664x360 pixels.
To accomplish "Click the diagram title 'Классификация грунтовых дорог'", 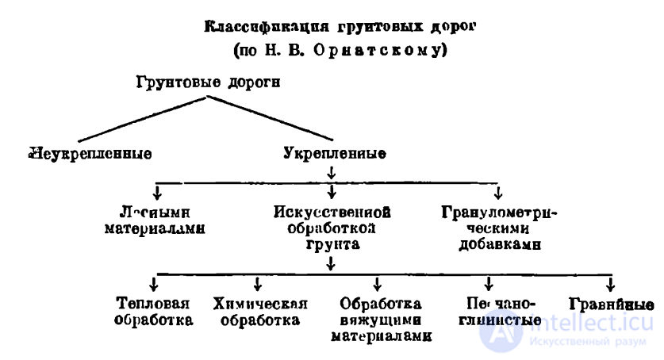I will (x=332, y=27).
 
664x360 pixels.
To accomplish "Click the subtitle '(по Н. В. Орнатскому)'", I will (x=332, y=49).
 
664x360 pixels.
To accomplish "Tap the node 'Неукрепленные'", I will (x=89, y=151).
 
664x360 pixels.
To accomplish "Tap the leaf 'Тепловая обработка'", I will (x=154, y=312).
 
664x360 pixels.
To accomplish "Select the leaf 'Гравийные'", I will (x=611, y=304).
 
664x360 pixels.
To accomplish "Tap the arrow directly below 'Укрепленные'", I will (x=330, y=172).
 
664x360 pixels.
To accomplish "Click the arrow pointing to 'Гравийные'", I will (x=609, y=284).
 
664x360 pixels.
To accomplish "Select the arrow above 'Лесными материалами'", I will (x=157, y=193).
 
